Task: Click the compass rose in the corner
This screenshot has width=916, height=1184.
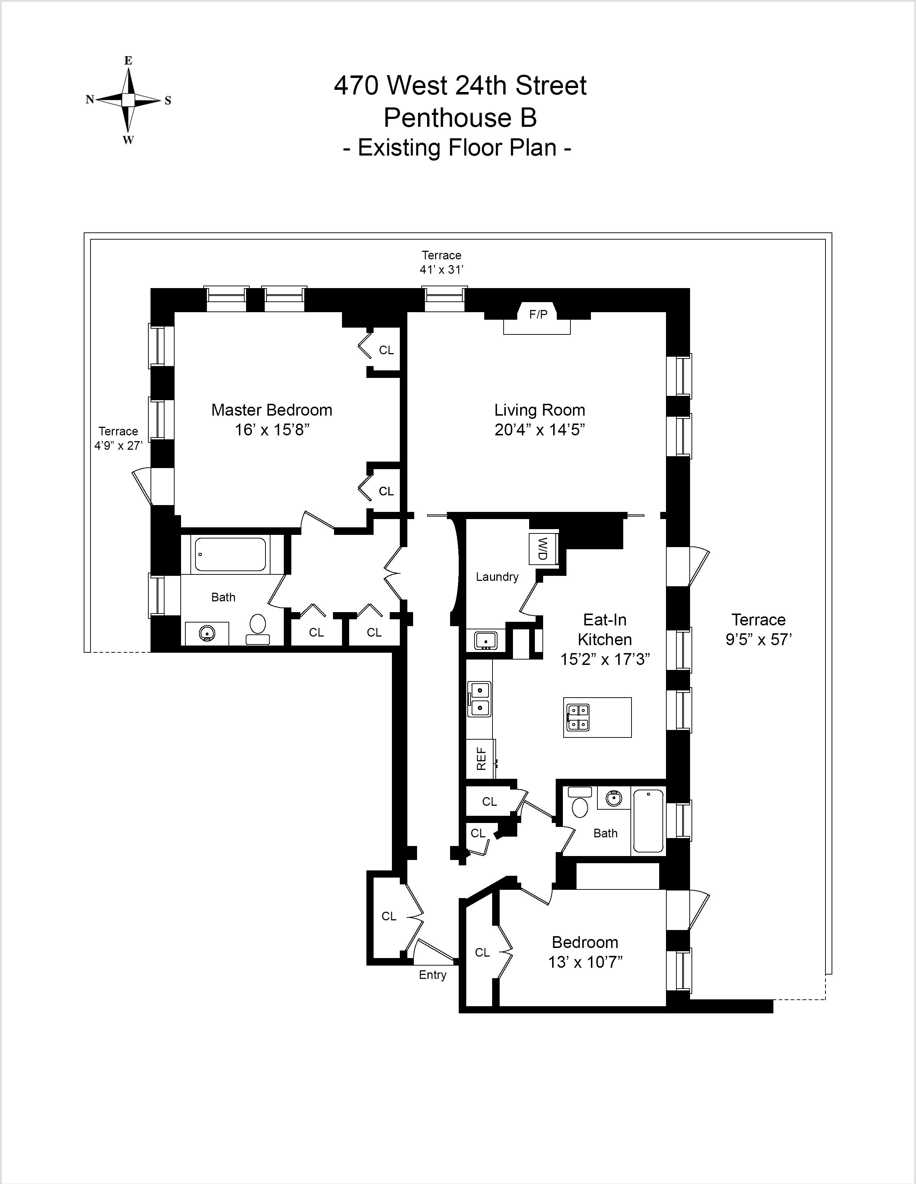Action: pos(128,100)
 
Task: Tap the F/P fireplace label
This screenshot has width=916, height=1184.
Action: pos(538,314)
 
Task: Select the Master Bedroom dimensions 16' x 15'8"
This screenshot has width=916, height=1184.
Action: pos(272,430)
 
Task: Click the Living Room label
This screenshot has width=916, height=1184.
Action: pos(539,410)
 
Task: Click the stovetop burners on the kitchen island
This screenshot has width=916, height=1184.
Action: pos(578,717)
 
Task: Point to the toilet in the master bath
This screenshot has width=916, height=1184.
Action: pos(258,629)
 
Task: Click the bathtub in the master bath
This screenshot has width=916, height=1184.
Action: pos(230,554)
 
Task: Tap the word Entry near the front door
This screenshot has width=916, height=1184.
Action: pos(432,975)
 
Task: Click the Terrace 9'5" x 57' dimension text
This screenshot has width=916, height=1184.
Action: pos(758,640)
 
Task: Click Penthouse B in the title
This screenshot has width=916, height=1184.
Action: pos(460,117)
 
